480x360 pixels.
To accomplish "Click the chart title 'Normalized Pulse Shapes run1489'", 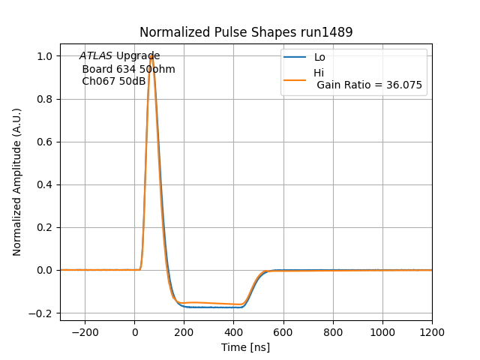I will pos(246,32).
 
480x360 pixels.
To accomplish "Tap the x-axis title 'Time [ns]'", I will pos(245,347).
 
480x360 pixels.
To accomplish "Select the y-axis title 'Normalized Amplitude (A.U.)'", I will pos(17,182).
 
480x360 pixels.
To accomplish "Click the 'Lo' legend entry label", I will pos(319,57).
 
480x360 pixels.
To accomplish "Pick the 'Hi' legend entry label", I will pos(319,73).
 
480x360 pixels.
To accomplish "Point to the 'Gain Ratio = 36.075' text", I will pos(369,85).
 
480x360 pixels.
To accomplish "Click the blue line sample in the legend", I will pos(295,57).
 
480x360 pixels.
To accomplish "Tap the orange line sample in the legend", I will pos(295,78).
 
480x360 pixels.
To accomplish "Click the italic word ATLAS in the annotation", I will pos(96,56).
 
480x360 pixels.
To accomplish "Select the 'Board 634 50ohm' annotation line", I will pos(128,69).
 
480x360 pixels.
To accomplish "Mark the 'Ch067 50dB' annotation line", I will pos(114,81).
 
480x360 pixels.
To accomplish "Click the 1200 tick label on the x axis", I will pos(432,331).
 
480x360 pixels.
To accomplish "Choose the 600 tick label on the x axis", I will pos(283,331).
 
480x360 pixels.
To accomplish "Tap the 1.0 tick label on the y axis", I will pos(46,56).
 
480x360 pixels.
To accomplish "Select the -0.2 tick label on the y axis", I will pos(43,313).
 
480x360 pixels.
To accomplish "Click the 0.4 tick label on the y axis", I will pos(46,184).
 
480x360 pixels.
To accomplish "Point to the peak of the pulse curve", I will pos(151,55).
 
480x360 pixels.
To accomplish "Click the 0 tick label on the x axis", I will pos(135,331).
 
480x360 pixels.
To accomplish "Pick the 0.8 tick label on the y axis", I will pos(46,99).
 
